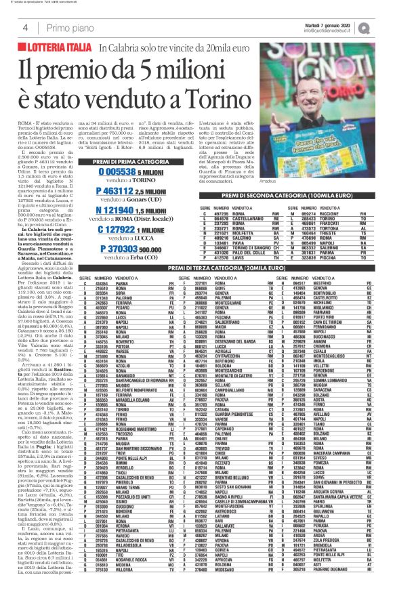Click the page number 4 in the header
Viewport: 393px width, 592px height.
coord(24,27)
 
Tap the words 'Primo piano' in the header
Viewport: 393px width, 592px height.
coord(68,27)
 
